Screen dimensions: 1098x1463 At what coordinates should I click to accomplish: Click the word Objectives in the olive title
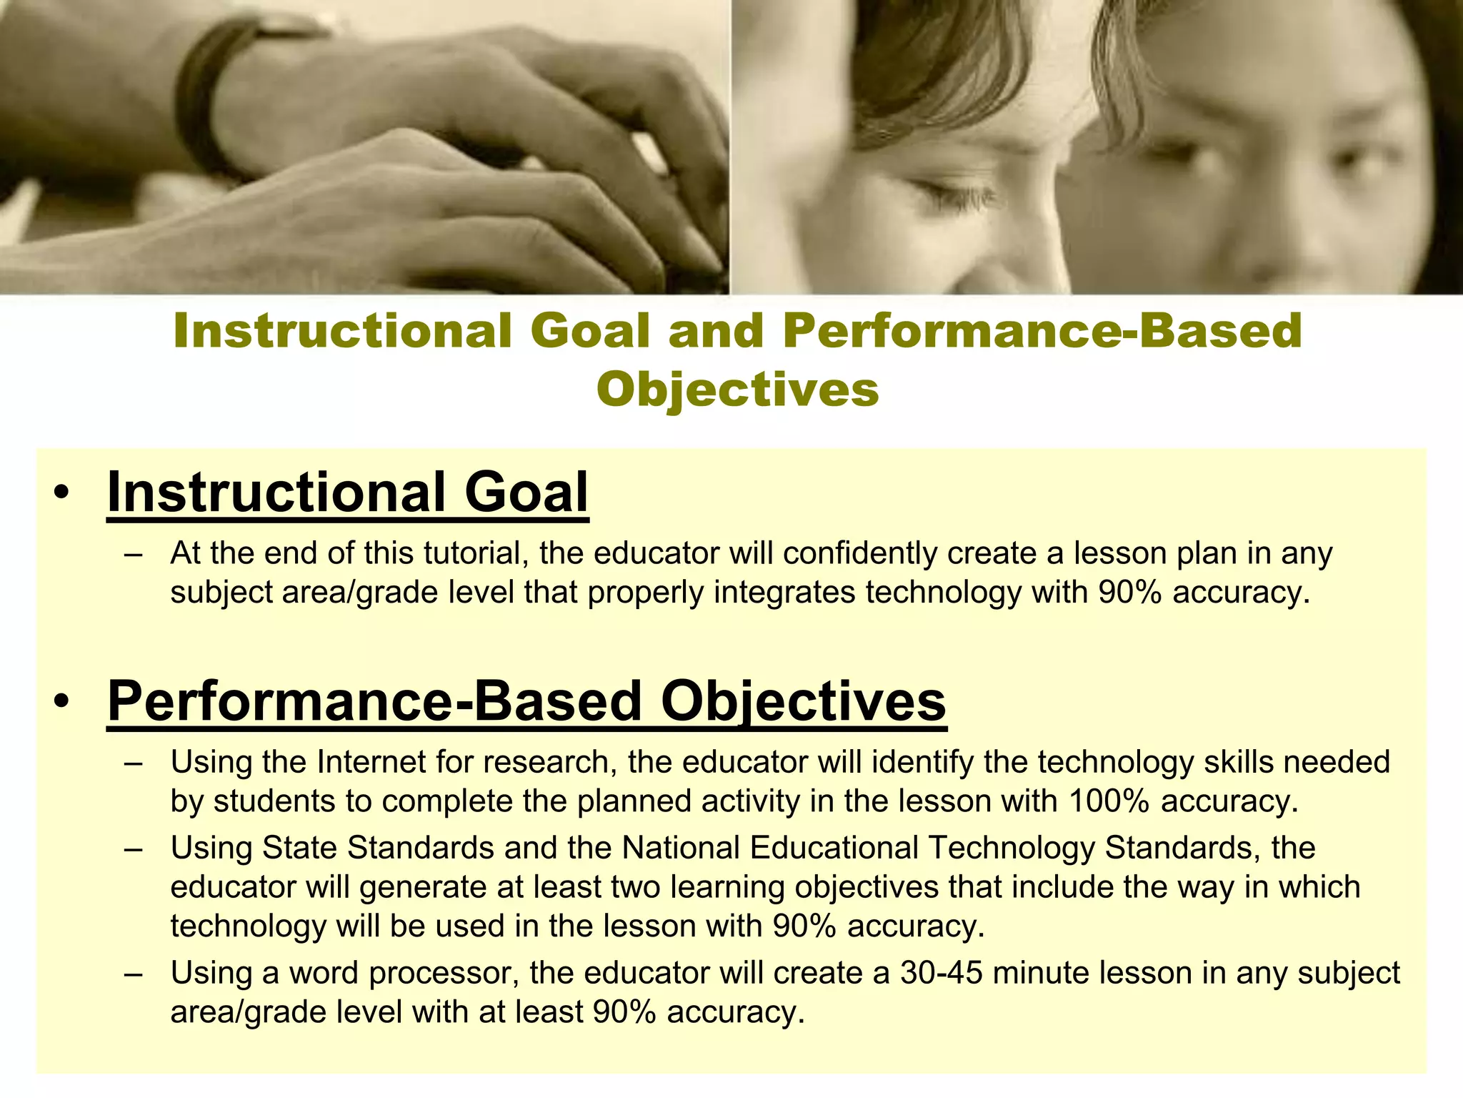pos(737,390)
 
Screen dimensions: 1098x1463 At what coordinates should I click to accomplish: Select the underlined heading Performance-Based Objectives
pos(526,701)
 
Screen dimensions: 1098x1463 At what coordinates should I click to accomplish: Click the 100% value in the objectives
pos(1109,801)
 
